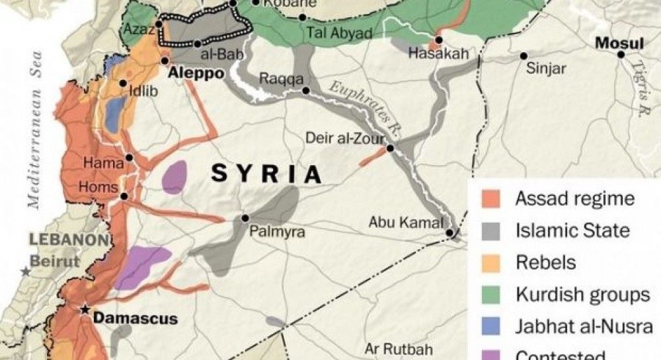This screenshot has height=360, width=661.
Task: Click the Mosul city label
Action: [x=619, y=44]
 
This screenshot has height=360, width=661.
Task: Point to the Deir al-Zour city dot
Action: [x=390, y=149]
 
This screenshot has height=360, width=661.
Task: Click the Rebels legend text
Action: [x=545, y=262]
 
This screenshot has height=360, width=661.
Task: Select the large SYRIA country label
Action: [x=266, y=174]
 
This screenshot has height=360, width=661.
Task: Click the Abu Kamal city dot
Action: [x=449, y=233]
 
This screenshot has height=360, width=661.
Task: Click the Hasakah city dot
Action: [x=438, y=40]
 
